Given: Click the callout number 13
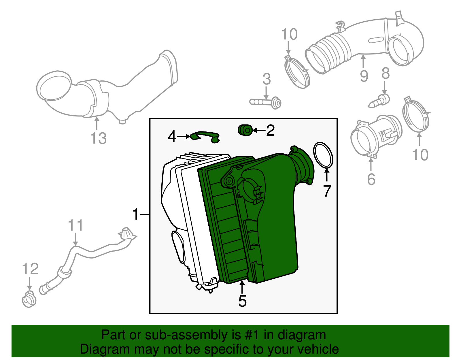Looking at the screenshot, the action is coord(99,138).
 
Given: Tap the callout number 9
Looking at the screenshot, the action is coord(364,76).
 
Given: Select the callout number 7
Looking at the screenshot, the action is coord(327,191).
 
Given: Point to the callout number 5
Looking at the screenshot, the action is coord(242,301).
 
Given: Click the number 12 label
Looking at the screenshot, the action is coord(30,269).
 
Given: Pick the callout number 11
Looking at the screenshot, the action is coord(75,225).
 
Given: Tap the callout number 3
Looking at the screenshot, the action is coord(267,79).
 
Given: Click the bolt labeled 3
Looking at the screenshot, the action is coord(265,103).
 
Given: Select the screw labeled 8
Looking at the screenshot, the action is coord(379,101).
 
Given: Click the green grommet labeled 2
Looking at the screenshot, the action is coord(245,130).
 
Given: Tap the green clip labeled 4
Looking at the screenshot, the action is coord(205,137).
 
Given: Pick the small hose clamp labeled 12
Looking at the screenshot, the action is coord(29,299).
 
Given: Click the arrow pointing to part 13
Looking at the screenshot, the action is coord(97,123).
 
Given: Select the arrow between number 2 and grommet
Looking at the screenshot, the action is coord(259,130).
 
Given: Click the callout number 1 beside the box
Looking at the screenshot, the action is coord(136,214).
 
